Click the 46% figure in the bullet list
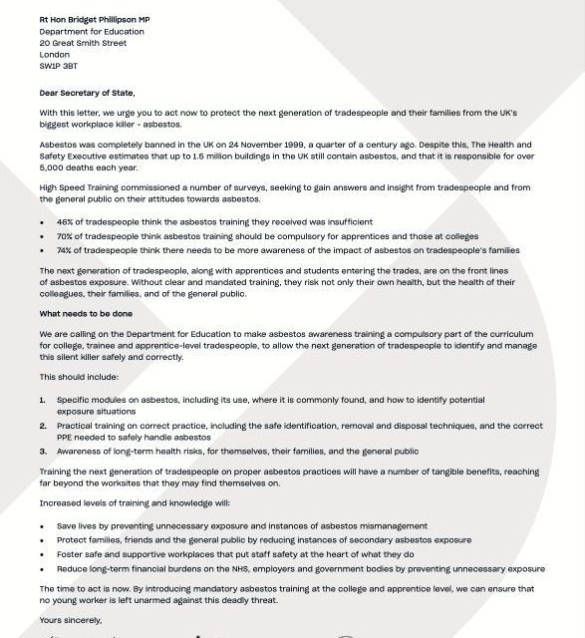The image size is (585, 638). [66, 221]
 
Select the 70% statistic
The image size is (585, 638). [66, 236]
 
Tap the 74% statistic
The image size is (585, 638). [66, 250]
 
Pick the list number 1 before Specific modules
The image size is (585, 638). [43, 400]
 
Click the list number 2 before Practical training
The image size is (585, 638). [43, 426]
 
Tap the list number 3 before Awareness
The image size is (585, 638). [43, 452]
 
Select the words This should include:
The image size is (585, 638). [79, 378]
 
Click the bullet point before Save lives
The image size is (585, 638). [43, 524]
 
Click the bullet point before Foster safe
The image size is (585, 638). [43, 553]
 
